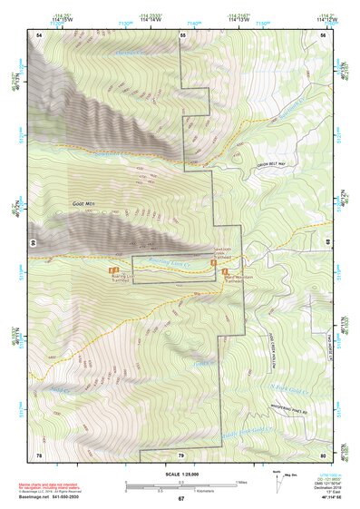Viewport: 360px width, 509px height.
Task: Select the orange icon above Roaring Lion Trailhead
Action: click(x=112, y=271)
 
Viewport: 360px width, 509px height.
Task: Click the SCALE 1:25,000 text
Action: click(x=180, y=473)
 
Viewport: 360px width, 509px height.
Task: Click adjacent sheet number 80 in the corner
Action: click(x=322, y=453)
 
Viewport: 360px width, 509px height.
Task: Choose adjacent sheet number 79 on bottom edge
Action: click(x=180, y=454)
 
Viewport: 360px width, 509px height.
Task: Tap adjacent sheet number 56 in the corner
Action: click(x=322, y=34)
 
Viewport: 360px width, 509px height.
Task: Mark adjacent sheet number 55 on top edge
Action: click(x=181, y=34)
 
